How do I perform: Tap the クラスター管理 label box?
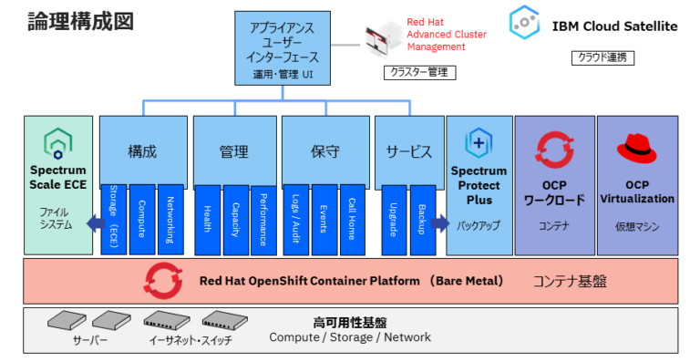(418, 72)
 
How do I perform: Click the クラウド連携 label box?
(603, 57)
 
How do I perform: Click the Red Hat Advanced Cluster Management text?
(447, 34)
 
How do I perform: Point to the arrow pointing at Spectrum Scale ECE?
(94, 222)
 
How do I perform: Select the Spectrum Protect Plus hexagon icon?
(479, 143)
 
